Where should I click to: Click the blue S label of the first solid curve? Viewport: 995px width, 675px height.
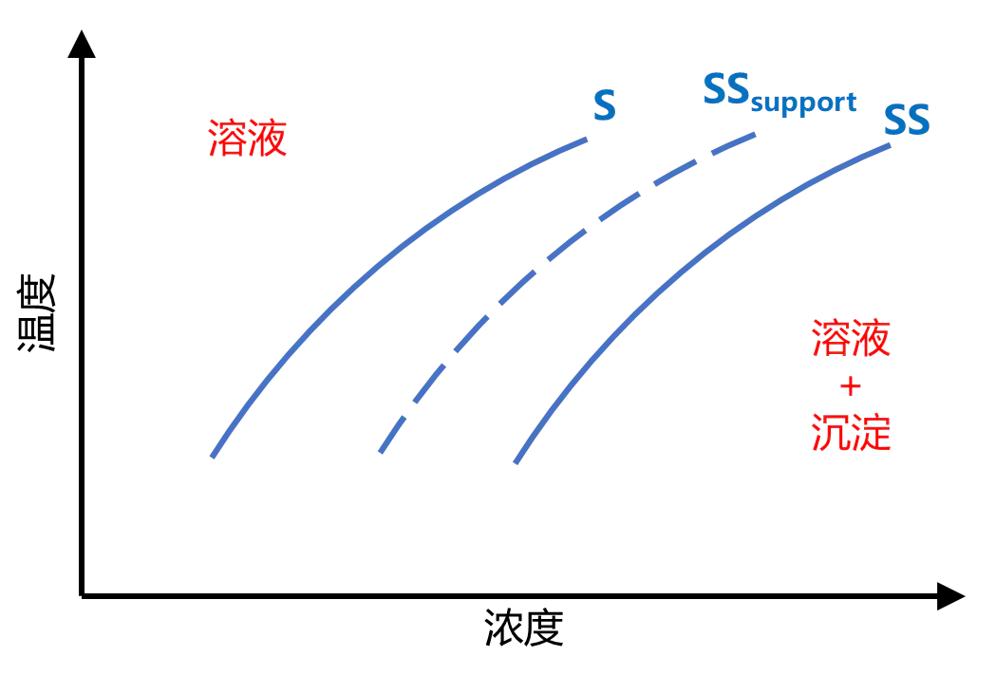pyautogui.click(x=604, y=104)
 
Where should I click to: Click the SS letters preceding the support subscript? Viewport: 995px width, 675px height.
pyautogui.click(x=726, y=89)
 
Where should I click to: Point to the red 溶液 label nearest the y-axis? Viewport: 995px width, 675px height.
pyautogui.click(x=247, y=139)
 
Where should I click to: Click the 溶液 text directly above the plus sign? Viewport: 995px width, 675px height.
pyautogui.click(x=852, y=338)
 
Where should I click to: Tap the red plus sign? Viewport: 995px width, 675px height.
pyautogui.click(x=852, y=386)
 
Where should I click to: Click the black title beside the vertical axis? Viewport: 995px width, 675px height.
pyautogui.click(x=39, y=313)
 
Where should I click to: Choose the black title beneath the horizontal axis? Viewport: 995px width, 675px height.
pyautogui.click(x=525, y=628)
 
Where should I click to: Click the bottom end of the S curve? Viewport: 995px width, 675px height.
pyautogui.click(x=213, y=456)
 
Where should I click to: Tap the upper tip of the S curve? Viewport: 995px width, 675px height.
pyautogui.click(x=583, y=141)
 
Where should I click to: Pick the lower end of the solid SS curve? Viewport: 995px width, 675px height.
pyautogui.click(x=516, y=462)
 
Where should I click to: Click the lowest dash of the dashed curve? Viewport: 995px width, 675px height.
pyautogui.click(x=387, y=441)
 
